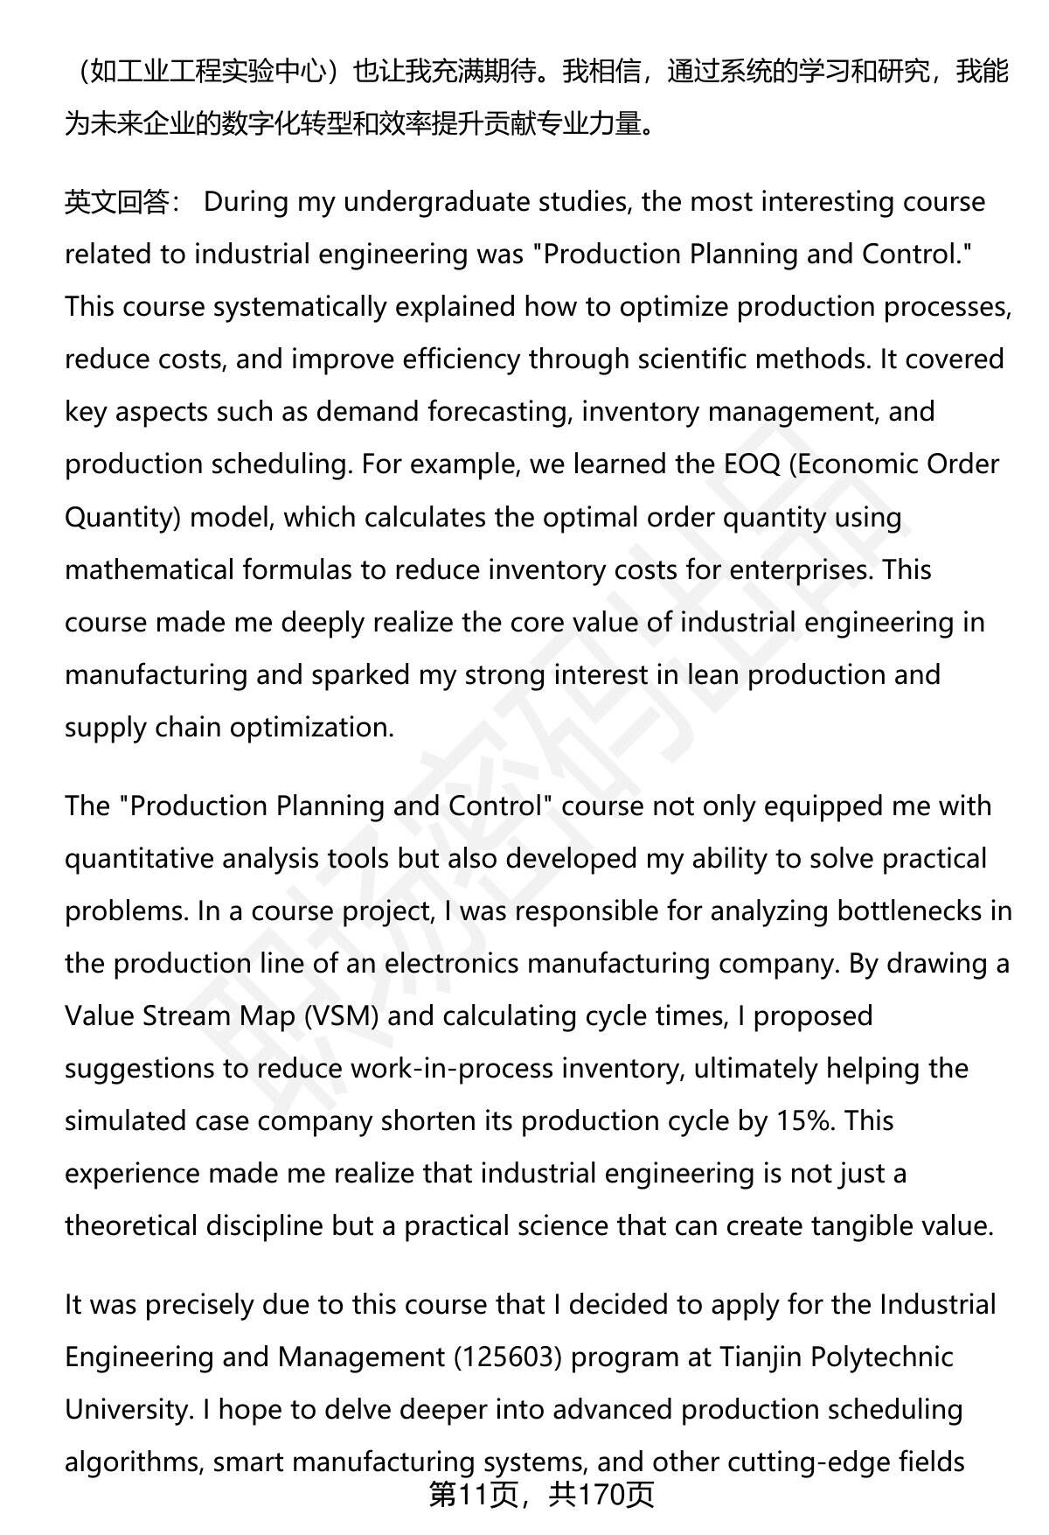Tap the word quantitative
point(139,858)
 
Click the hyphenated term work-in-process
point(452,1068)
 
